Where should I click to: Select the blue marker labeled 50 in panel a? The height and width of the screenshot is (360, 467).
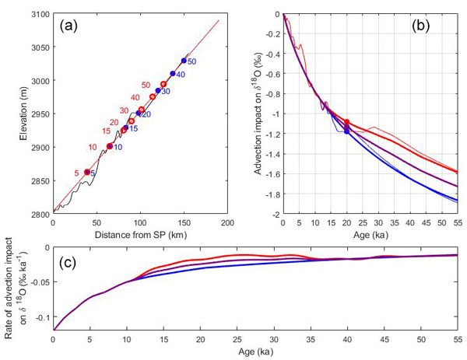184,60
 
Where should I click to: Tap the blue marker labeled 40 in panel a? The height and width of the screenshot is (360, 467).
173,74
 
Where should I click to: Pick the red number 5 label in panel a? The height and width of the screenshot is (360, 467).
76,173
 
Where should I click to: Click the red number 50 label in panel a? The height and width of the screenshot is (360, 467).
146,85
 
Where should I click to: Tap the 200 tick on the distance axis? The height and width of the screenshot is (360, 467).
227,223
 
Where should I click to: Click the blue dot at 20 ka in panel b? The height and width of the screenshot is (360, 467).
346,132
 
